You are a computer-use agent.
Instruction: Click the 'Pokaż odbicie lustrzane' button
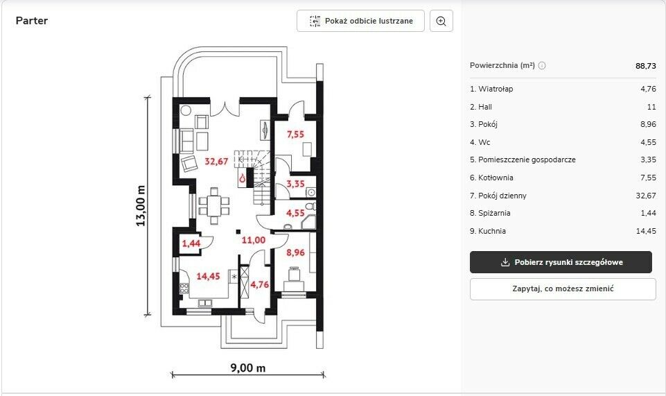click(360, 21)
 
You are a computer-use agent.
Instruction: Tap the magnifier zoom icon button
click(441, 21)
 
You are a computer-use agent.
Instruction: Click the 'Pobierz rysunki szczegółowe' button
click(561, 262)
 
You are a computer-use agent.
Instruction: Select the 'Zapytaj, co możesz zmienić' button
click(563, 289)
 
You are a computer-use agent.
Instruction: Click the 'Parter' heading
click(32, 20)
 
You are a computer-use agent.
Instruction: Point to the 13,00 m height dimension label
click(141, 206)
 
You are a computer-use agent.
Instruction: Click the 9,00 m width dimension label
click(248, 368)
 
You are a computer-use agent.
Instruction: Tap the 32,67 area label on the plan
click(216, 162)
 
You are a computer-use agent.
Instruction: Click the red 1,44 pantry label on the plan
click(191, 243)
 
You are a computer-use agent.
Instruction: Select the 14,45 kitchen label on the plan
click(208, 276)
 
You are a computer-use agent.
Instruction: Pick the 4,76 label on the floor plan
click(259, 284)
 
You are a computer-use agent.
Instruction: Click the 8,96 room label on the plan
click(295, 252)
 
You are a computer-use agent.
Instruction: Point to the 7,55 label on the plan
click(295, 135)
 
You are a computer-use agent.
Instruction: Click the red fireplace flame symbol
click(242, 178)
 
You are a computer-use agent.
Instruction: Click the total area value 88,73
click(646, 66)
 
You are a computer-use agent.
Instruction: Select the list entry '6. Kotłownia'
click(491, 178)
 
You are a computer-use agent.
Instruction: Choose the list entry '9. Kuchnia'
click(488, 231)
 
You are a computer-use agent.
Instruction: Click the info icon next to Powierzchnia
click(542, 65)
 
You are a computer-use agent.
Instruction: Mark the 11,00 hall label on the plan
click(254, 240)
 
